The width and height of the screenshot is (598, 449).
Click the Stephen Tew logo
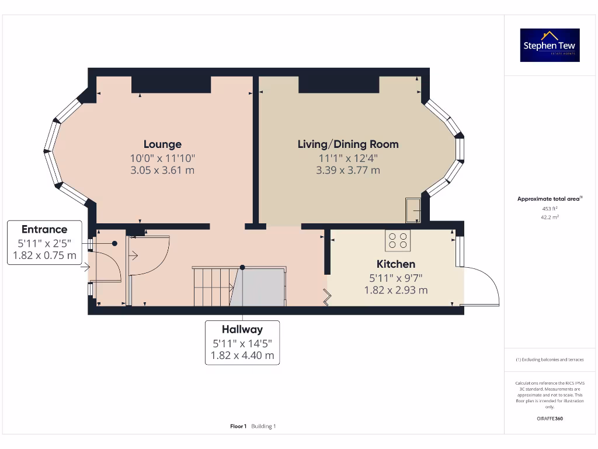[550, 45]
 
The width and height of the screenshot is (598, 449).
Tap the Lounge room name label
[162, 144]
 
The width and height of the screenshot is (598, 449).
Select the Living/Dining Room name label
[348, 144]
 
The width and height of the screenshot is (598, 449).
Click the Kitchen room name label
[395, 264]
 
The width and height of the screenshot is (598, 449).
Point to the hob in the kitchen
[398, 240]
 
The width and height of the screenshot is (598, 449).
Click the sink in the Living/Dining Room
[413, 210]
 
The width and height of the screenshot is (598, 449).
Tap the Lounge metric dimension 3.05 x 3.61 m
[162, 171]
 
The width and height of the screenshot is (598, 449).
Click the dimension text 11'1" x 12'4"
[348, 158]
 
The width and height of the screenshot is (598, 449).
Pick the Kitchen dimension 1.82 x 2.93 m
[395, 290]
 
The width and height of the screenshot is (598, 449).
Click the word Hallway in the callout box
[242, 330]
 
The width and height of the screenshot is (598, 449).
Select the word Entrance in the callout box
[44, 230]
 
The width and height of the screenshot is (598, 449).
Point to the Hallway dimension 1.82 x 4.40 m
[242, 355]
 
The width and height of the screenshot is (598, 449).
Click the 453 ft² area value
[550, 208]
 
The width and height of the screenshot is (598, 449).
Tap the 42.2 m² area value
[550, 217]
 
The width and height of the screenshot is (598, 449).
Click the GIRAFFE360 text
[550, 419]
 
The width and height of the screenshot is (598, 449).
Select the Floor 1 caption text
[238, 426]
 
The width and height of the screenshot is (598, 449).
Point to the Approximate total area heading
[549, 199]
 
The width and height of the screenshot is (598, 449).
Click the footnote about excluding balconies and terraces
[550, 360]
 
